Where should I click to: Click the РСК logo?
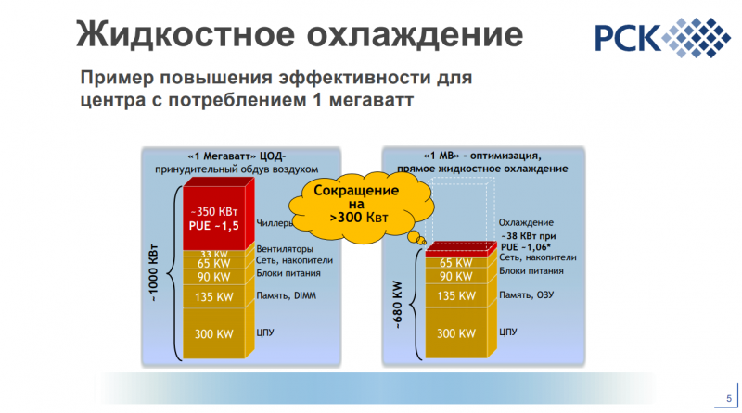coord(662,38)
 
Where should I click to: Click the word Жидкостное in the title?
coord(186,34)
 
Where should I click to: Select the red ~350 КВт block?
coord(214,219)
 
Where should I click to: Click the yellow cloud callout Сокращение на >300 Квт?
coord(360,206)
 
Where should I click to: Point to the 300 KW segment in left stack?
coord(214,333)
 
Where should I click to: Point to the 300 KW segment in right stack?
coord(455,333)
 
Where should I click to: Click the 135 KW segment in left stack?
coord(214,296)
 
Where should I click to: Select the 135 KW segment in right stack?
coord(455,295)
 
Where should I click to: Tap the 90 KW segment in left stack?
coord(214,277)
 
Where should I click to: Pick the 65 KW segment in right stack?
coord(455,263)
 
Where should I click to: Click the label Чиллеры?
coord(274,223)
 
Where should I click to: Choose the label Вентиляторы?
coord(285,248)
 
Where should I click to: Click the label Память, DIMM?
coord(287,295)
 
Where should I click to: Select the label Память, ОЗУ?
coord(526,294)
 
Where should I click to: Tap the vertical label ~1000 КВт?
coord(153,273)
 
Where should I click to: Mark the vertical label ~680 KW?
coord(398,305)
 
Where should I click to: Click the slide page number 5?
coord(729,399)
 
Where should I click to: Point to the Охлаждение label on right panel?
coord(526,222)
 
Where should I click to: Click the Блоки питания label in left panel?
coord(288,273)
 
